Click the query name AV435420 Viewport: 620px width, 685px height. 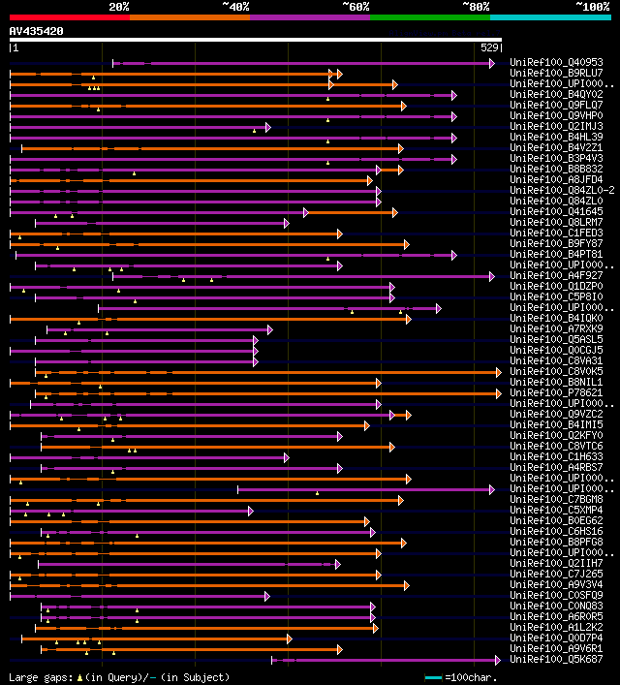(37, 31)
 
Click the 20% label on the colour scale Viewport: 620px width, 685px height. (119, 7)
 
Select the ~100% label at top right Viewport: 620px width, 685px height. (592, 7)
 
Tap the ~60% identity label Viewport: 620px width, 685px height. (356, 7)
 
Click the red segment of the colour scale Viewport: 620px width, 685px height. (69, 17)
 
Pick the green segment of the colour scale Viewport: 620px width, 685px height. (429, 17)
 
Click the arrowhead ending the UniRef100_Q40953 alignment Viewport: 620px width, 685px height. (492, 63)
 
